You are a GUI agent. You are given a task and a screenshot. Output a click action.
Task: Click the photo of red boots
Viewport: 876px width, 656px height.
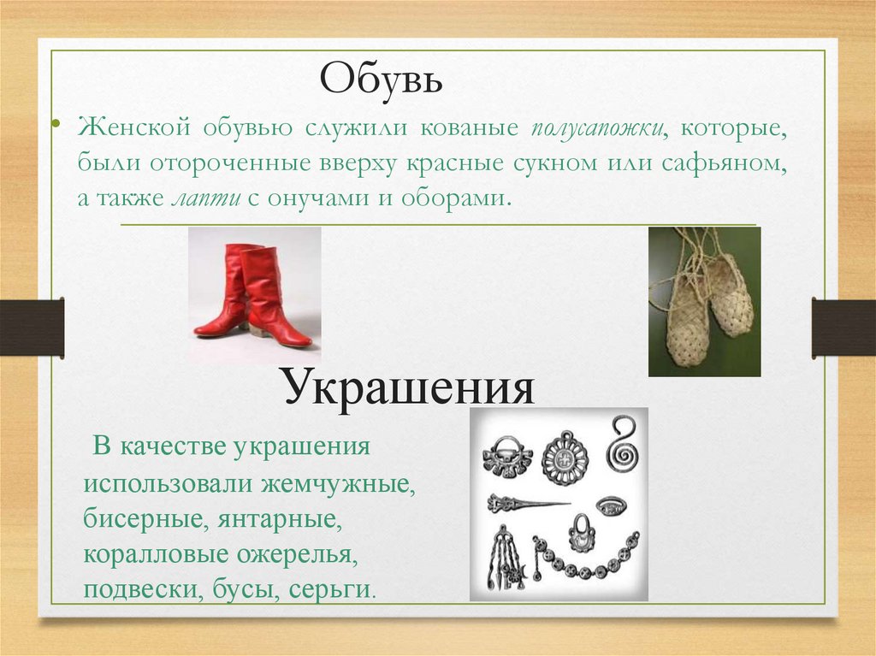tap(254, 295)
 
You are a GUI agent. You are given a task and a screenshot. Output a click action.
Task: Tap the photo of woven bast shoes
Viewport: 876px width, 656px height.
tap(704, 301)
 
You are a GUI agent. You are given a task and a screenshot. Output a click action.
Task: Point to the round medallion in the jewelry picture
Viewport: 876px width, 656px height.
tap(565, 458)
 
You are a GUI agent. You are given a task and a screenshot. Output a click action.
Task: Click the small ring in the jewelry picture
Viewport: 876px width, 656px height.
tap(609, 506)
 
